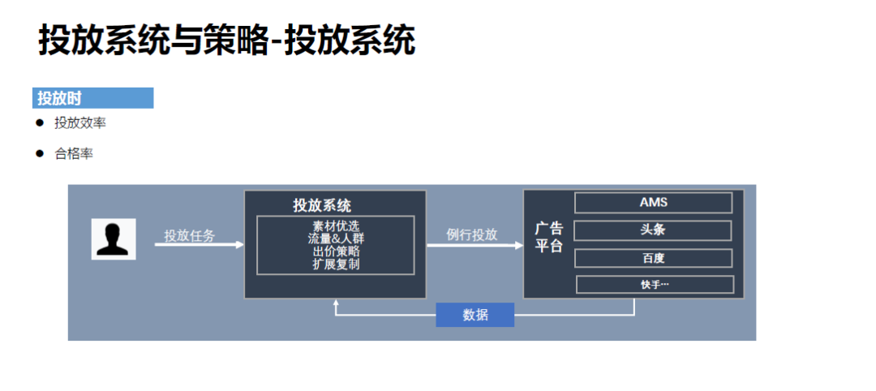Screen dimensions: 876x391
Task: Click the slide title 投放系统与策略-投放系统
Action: point(226,41)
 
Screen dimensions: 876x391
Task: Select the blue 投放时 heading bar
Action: point(92,98)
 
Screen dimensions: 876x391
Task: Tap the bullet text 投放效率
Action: point(79,123)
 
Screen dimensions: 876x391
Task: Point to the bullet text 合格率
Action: point(74,153)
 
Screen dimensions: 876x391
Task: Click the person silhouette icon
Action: point(114,238)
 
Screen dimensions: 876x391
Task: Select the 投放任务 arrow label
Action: point(190,235)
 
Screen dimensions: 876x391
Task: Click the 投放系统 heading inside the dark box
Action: point(322,205)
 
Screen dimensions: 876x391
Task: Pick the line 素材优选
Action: point(335,226)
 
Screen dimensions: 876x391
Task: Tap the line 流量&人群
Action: point(335,238)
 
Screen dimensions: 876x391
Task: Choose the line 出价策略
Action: point(335,251)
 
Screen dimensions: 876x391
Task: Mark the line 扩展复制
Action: point(335,264)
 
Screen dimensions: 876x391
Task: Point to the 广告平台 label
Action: point(548,237)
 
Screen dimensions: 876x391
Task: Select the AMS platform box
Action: point(653,203)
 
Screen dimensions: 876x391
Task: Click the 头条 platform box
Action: point(653,230)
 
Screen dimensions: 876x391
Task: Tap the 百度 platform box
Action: point(653,258)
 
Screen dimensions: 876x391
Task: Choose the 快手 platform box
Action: point(654,285)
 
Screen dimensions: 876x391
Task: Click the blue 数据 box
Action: point(475,315)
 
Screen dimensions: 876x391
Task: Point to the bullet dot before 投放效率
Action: point(39,122)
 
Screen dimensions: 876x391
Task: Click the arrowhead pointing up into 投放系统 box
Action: point(336,303)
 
